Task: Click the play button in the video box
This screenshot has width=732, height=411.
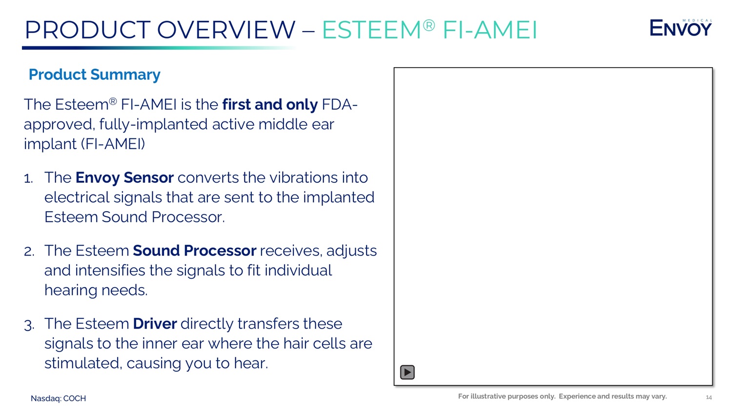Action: pyautogui.click(x=407, y=372)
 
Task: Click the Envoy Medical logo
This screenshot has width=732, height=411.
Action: pyautogui.click(x=680, y=27)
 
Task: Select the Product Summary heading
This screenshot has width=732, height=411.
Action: pyautogui.click(x=95, y=75)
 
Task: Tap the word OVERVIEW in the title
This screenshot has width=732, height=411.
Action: pyautogui.click(x=226, y=30)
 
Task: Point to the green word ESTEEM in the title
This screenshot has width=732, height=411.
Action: pyautogui.click(x=371, y=30)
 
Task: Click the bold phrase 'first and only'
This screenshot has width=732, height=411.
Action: pyautogui.click(x=270, y=104)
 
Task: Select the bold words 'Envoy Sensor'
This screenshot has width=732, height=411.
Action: pyautogui.click(x=124, y=177)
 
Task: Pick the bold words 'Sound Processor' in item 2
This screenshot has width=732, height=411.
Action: pyautogui.click(x=194, y=251)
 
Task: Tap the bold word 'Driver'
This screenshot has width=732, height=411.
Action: pyautogui.click(x=155, y=324)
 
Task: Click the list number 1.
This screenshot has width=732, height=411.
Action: pyautogui.click(x=28, y=178)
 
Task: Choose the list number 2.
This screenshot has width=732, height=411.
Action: pyautogui.click(x=29, y=252)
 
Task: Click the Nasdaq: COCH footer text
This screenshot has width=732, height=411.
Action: pyautogui.click(x=58, y=398)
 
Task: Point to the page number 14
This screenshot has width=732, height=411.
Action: pyautogui.click(x=709, y=397)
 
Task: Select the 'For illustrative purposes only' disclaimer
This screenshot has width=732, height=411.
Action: pyautogui.click(x=507, y=396)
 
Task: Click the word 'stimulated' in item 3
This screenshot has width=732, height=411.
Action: pyautogui.click(x=82, y=363)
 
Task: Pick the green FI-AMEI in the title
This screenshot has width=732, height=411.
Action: pyautogui.click(x=490, y=30)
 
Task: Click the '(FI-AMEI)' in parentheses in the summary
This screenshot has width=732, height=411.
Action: pyautogui.click(x=113, y=144)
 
